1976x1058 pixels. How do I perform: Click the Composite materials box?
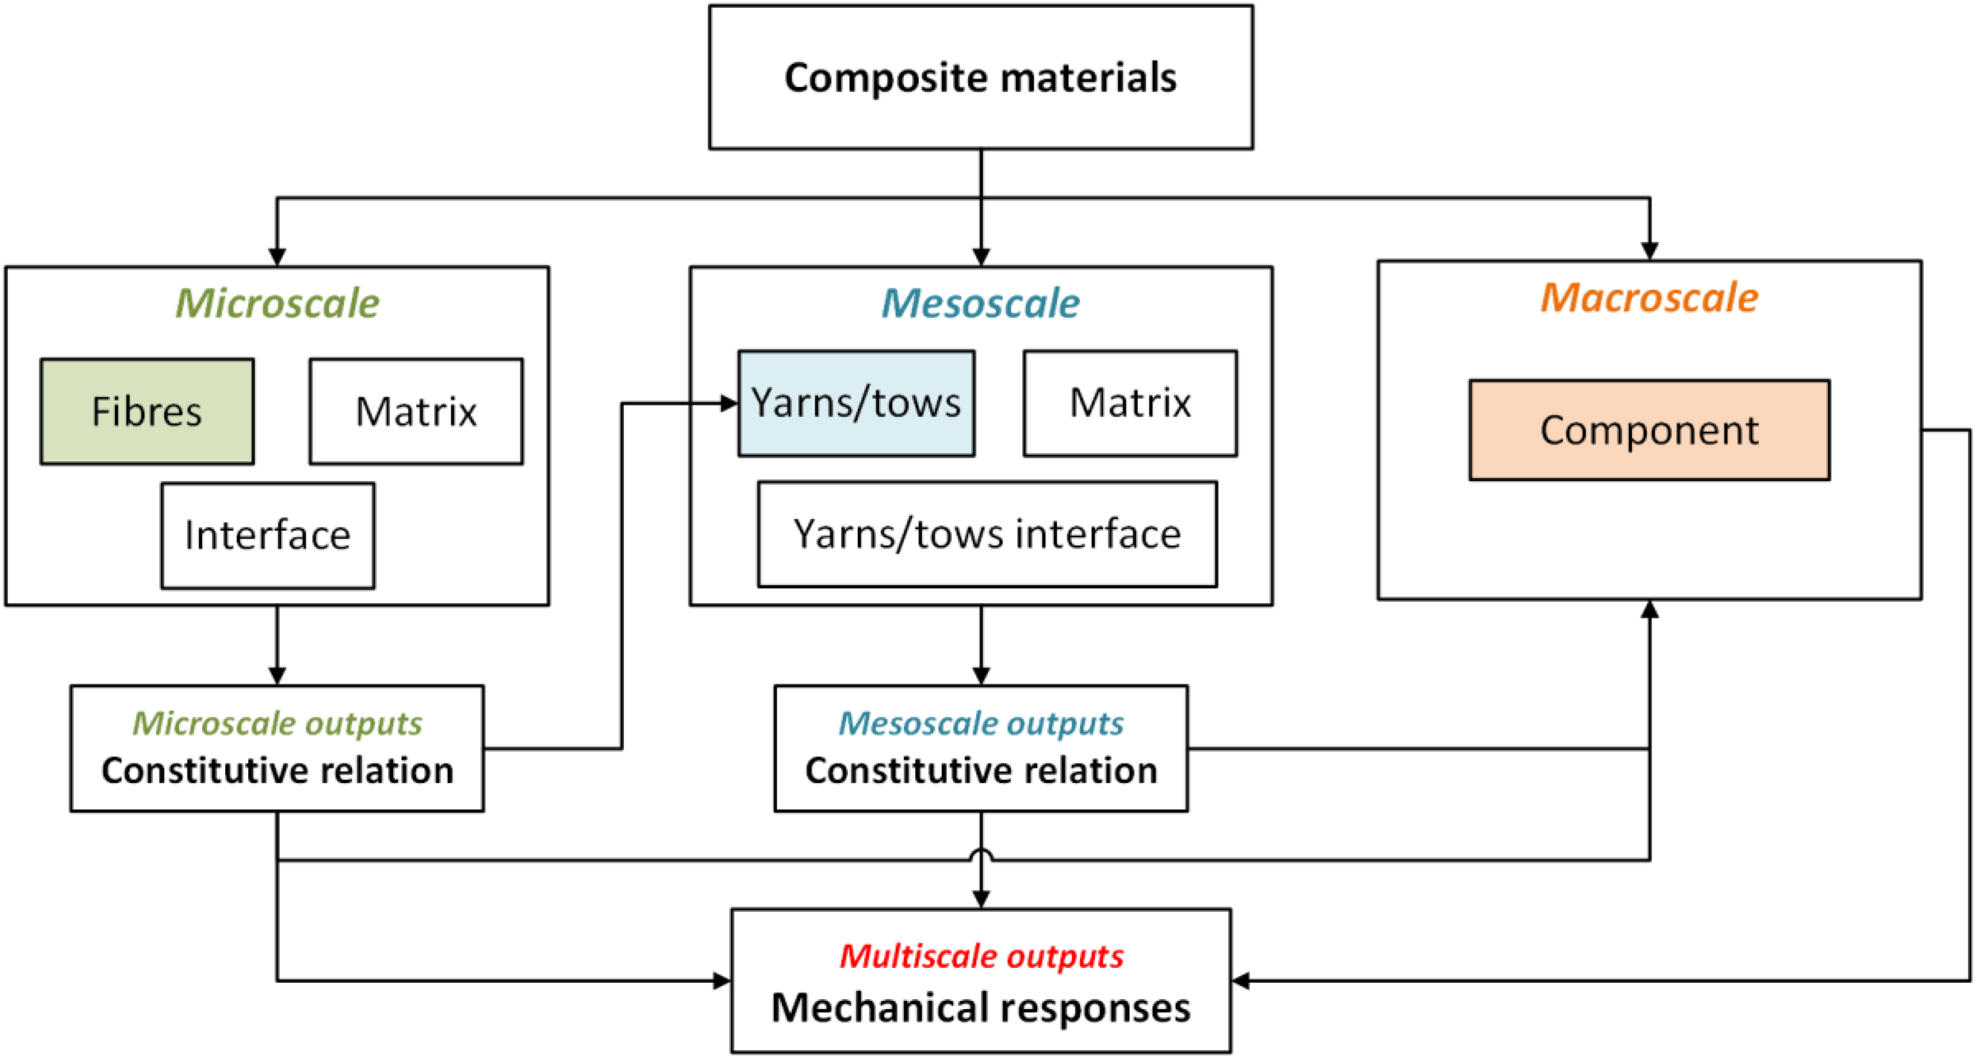click(x=981, y=77)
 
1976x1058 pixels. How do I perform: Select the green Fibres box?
click(x=147, y=411)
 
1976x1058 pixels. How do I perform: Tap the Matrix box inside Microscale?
click(x=417, y=411)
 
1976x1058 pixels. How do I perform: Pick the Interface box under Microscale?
click(x=268, y=535)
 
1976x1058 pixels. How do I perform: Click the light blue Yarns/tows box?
click(x=857, y=404)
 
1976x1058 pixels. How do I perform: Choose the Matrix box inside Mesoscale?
click(x=1130, y=404)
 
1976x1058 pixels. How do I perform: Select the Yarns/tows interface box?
click(x=987, y=535)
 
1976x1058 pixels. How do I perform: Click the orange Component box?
click(x=1649, y=430)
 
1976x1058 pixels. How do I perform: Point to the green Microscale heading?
click(x=278, y=303)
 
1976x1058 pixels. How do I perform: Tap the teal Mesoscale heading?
click(x=981, y=303)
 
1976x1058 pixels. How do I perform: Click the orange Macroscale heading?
click(x=1649, y=298)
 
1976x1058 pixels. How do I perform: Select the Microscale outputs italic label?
click(x=278, y=724)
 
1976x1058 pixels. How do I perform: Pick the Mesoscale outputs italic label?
click(x=981, y=724)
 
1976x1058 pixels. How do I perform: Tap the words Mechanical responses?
click(x=981, y=1008)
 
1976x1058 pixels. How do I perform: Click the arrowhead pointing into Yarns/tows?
click(x=729, y=404)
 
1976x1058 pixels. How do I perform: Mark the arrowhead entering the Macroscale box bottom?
click(x=1649, y=609)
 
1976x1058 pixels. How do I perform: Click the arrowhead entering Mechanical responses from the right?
click(x=1241, y=981)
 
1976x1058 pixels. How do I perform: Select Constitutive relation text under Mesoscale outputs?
click(x=981, y=770)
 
